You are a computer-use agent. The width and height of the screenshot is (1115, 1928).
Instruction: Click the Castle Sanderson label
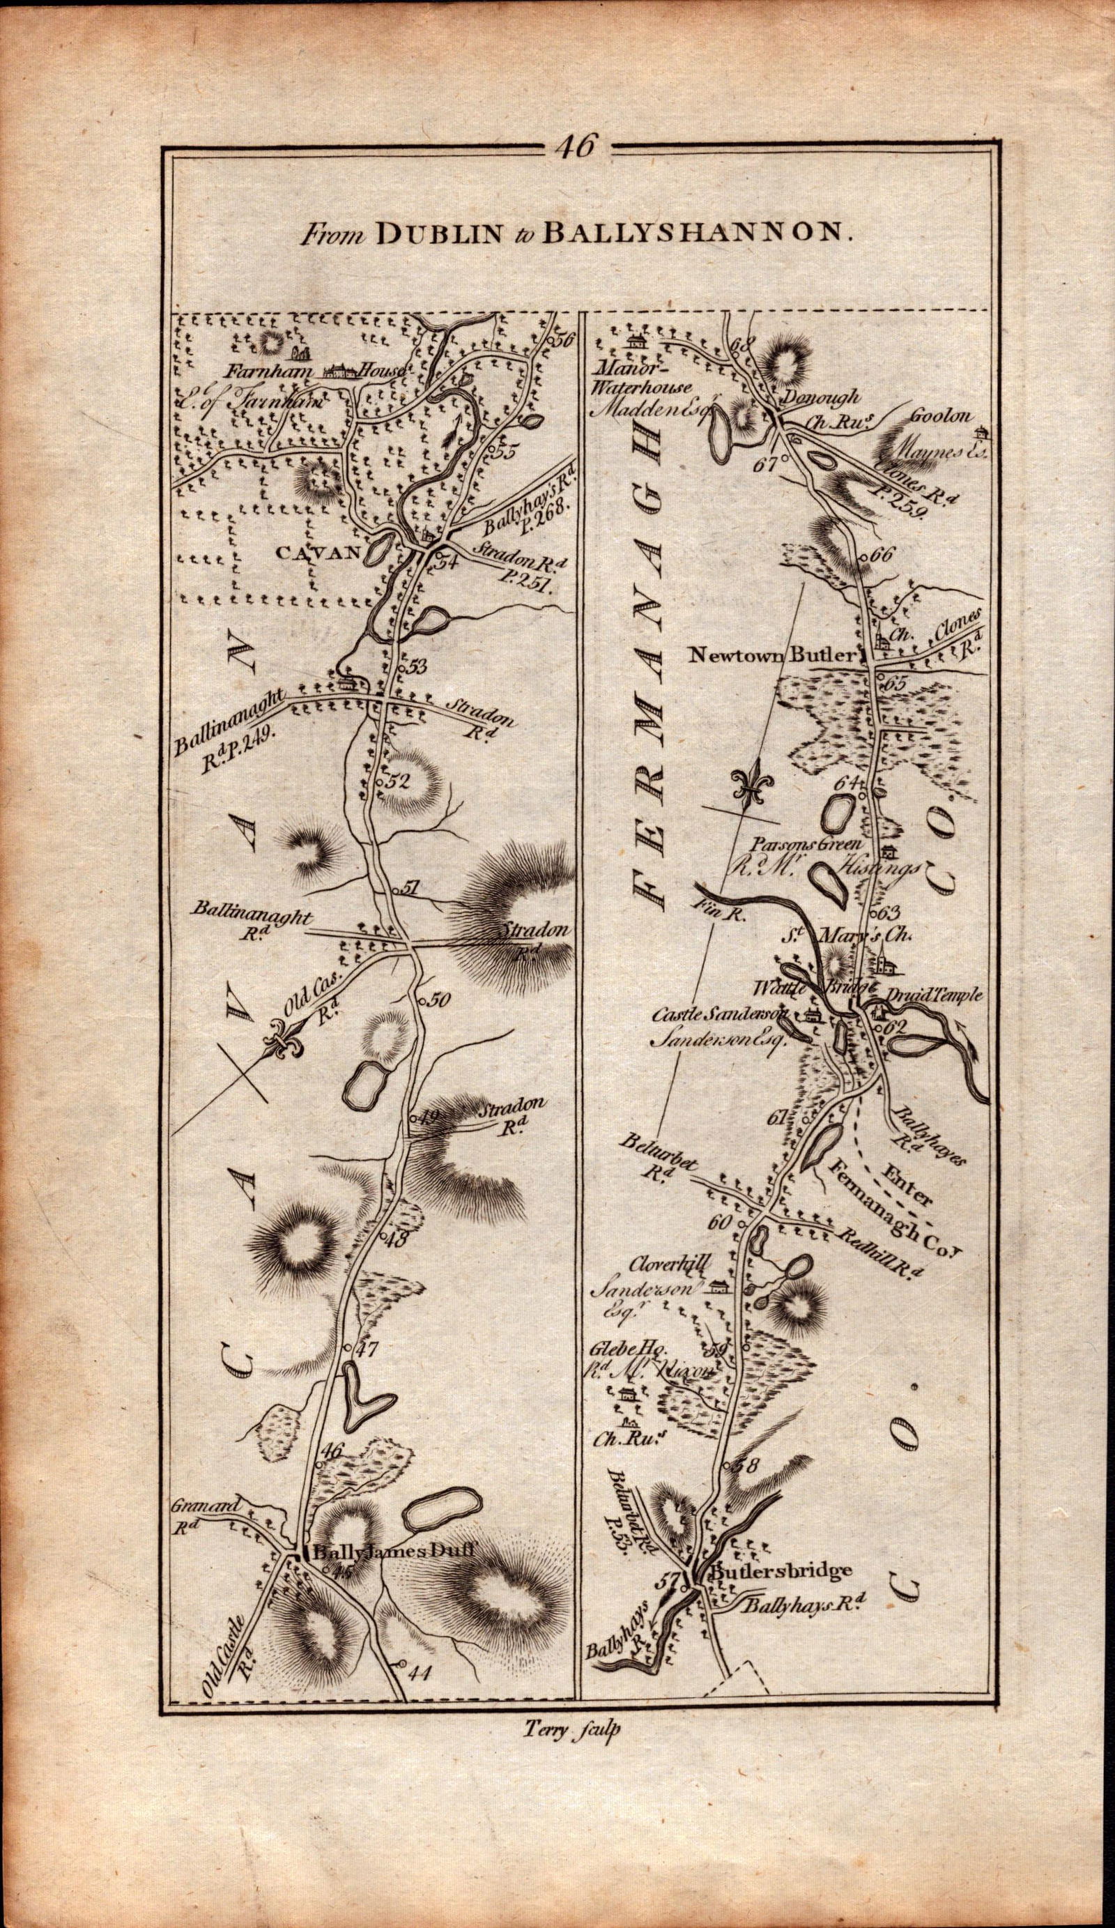719,1013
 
